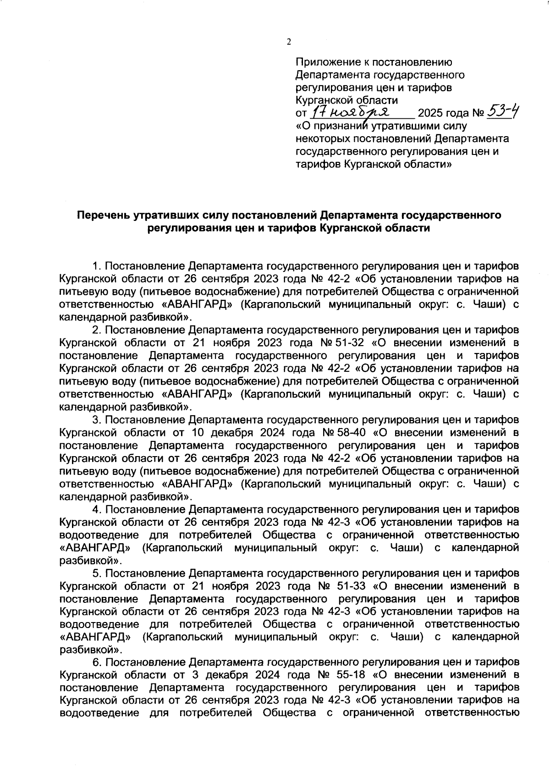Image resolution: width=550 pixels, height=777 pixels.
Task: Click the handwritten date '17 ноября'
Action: (x=350, y=111)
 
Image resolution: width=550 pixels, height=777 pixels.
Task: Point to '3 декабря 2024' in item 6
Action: (x=242, y=675)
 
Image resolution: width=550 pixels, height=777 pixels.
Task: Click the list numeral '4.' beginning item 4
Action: (x=96, y=509)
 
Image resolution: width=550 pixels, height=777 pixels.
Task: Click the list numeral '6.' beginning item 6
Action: (x=96, y=662)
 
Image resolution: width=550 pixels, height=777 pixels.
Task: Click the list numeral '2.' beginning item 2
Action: (x=96, y=330)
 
